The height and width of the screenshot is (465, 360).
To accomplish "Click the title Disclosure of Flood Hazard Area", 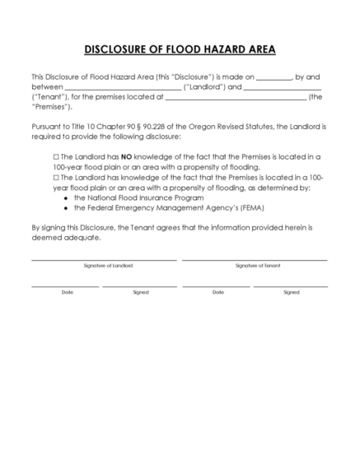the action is [x=180, y=49].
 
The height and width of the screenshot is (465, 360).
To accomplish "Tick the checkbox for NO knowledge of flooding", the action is [x=56, y=155].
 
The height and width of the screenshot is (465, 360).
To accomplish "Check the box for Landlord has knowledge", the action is [x=56, y=177].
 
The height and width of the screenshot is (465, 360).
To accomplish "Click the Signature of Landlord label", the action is [x=108, y=266].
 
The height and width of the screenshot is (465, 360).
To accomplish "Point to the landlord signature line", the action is [x=104, y=259].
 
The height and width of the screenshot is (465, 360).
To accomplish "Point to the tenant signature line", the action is [x=255, y=259].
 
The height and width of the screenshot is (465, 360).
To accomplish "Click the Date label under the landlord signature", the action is [x=67, y=291].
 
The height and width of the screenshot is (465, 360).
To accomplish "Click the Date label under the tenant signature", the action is [x=217, y=291].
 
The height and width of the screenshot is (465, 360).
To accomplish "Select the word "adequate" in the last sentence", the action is [x=83, y=237].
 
